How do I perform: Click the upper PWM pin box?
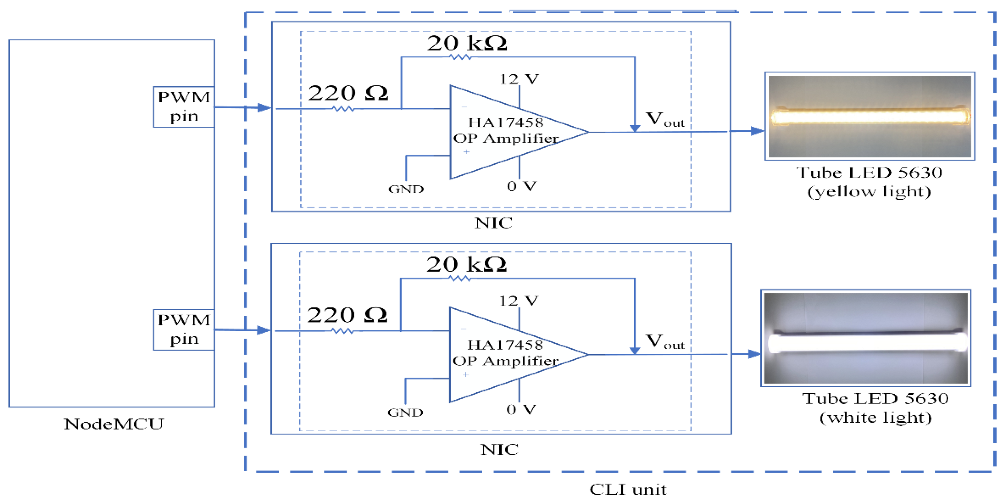pyautogui.click(x=184, y=107)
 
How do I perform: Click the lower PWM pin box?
pyautogui.click(x=184, y=329)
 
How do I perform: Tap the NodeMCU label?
pyautogui.click(x=114, y=424)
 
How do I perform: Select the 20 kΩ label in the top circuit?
pyautogui.click(x=467, y=43)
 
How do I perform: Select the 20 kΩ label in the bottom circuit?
pyautogui.click(x=466, y=265)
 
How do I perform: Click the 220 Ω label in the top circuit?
pyautogui.click(x=348, y=93)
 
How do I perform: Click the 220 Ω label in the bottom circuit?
pyautogui.click(x=347, y=315)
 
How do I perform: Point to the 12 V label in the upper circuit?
pyautogui.click(x=519, y=79)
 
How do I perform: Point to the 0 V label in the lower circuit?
pyautogui.click(x=521, y=410)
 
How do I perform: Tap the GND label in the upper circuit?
pyautogui.click(x=406, y=189)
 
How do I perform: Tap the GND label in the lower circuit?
pyautogui.click(x=405, y=412)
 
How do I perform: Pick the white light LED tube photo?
pyautogui.click(x=865, y=338)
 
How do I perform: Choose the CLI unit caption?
pyautogui.click(x=628, y=489)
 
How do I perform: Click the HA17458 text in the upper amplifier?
pyautogui.click(x=506, y=122)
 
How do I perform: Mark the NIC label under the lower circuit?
pyautogui.click(x=499, y=450)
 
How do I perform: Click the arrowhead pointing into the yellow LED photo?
pyautogui.click(x=757, y=131)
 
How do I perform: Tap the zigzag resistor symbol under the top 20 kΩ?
pyautogui.click(x=460, y=57)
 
